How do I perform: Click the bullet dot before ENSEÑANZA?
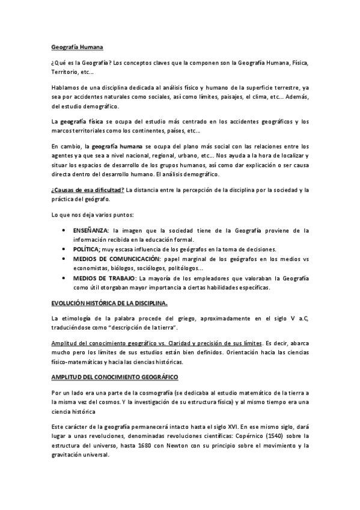point(64,231)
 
